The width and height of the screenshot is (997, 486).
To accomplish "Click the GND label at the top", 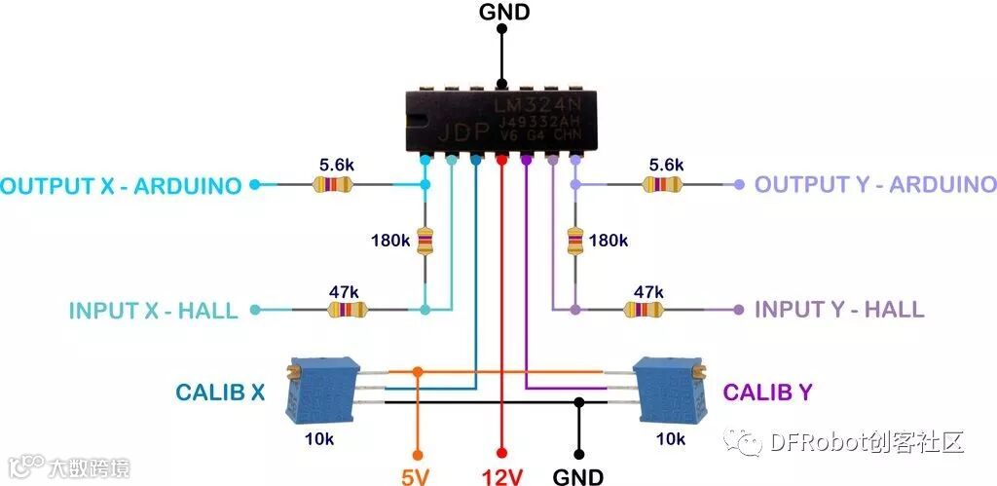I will (503, 12).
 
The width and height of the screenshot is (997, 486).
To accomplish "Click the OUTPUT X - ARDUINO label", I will (121, 185).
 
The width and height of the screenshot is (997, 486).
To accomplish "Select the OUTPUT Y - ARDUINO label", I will (875, 184).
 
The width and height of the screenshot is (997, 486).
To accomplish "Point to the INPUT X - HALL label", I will (153, 311).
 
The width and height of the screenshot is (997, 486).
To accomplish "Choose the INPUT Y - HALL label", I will (839, 311).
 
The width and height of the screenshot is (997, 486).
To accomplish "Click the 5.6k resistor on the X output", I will (336, 184).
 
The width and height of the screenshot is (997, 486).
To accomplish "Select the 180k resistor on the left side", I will (425, 241).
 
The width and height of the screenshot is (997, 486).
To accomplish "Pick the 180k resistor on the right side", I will (575, 241).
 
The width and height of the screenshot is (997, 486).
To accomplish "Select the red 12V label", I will (502, 477).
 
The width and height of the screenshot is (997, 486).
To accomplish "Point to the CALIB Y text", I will (767, 393).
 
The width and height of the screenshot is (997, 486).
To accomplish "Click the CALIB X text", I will (220, 393).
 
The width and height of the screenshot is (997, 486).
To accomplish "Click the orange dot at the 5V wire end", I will (418, 454).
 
